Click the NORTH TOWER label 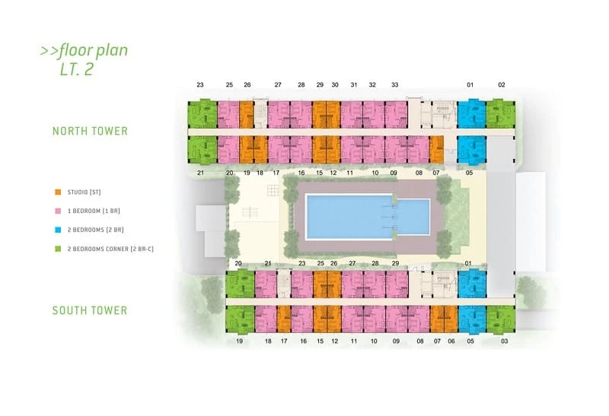click(90, 131)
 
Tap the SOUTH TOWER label click(90, 310)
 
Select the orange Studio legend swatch click(58, 192)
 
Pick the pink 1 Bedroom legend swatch click(58, 211)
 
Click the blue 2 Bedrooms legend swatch click(58, 230)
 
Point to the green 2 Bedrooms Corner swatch click(58, 249)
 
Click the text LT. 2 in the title click(77, 69)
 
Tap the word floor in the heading click(75, 50)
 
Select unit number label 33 click(394, 84)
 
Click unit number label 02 click(502, 84)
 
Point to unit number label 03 click(504, 341)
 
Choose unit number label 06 click(451, 341)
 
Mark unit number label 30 click(335, 84)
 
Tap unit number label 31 click(353, 84)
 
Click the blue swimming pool click(368, 217)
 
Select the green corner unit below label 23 click(202, 115)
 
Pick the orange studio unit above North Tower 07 click(436, 149)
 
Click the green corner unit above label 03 click(501, 319)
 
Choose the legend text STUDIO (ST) click(84, 192)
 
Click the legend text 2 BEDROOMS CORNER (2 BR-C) click(110, 249)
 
